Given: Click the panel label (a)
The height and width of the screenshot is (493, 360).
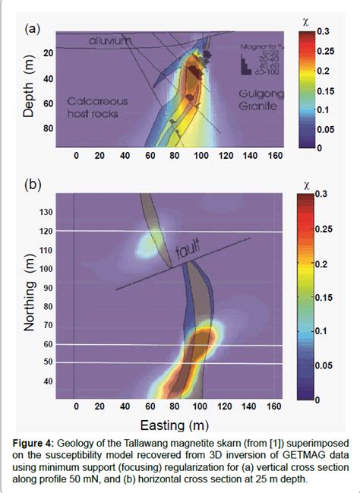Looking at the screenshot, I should tap(33, 30).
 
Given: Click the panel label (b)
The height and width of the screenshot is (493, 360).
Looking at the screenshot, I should tap(33, 185).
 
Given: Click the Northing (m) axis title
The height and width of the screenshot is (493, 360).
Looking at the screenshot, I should tap(30, 295).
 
